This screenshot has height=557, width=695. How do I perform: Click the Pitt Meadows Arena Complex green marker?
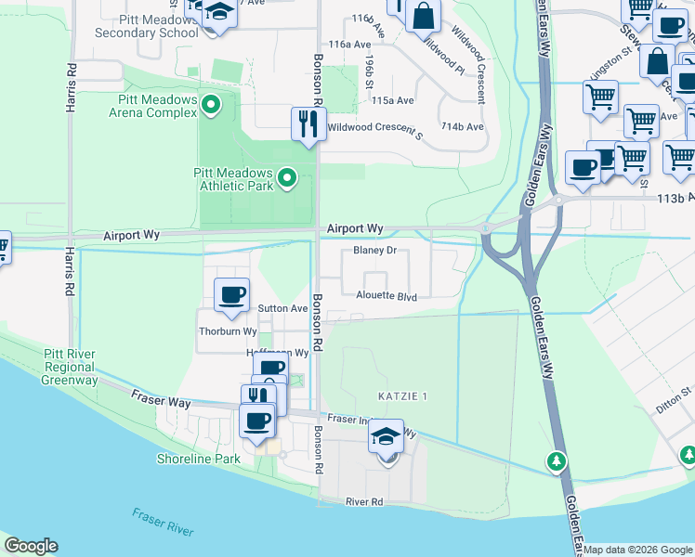point(211,106)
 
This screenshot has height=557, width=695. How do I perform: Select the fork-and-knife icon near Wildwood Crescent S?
point(308,123)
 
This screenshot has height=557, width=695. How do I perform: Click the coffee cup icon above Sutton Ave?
point(231,295)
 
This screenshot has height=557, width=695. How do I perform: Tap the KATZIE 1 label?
point(402,396)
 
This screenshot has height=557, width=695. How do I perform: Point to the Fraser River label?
point(163,522)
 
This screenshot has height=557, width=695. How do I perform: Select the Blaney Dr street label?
point(374,251)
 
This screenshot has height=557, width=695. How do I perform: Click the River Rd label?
point(364,502)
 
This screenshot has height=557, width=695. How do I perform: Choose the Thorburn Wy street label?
point(228,330)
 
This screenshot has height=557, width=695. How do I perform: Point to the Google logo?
point(31,546)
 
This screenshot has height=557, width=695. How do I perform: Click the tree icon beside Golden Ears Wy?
point(557,460)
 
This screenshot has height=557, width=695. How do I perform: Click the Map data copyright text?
point(637,550)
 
